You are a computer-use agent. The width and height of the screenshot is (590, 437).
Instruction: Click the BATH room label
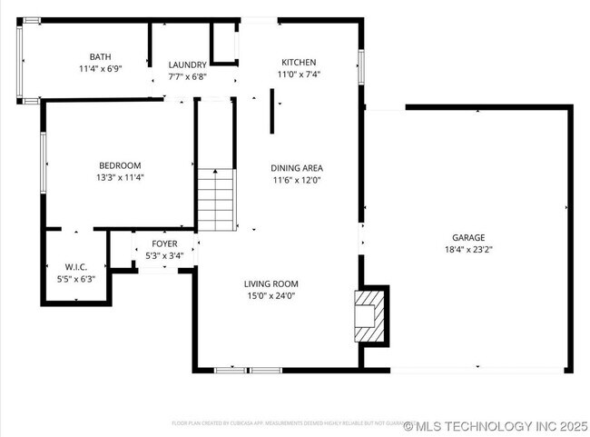[100, 56]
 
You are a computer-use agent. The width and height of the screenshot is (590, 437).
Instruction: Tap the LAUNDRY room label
[188, 65]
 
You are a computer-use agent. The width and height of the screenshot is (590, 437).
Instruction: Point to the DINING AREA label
[298, 168]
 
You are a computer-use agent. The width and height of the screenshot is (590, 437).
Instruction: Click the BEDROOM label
[120, 165]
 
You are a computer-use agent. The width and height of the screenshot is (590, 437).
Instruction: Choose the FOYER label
[164, 244]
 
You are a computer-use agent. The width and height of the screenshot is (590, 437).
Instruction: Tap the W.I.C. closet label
[75, 267]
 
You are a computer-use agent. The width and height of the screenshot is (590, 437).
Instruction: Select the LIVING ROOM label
[271, 283]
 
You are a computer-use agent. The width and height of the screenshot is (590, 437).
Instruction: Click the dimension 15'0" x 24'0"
[271, 295]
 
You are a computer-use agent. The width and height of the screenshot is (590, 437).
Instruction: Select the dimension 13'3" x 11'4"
[120, 177]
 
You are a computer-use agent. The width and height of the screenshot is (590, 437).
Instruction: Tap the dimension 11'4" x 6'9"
[100, 68]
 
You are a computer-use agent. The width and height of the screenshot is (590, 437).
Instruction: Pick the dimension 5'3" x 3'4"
[164, 256]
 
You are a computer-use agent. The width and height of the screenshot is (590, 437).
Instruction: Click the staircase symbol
[216, 200]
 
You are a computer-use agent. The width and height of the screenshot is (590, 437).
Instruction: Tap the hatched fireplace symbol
[370, 314]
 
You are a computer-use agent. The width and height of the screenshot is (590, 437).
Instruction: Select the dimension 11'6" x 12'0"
[298, 180]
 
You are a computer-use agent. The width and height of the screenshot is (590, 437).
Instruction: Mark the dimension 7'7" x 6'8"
[188, 76]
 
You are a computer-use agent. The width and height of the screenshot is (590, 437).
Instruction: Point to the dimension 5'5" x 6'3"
[75, 279]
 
